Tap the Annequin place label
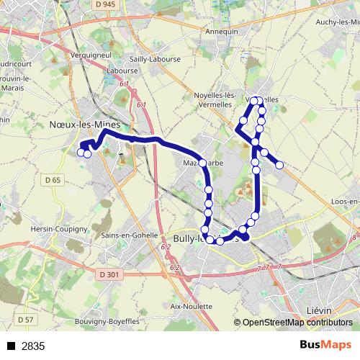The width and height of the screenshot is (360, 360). click(x=222, y=32)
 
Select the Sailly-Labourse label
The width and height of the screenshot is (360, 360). click(x=150, y=59)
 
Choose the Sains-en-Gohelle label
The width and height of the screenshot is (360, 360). click(x=131, y=235)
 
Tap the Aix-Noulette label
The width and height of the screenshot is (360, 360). click(x=191, y=306)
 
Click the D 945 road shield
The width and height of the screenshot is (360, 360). click(x=104, y=4)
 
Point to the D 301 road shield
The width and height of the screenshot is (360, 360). click(x=109, y=274)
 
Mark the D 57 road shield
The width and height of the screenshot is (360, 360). click(x=25, y=319)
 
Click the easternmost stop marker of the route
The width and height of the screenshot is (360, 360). click(x=280, y=166)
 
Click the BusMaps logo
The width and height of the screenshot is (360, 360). click(x=325, y=346)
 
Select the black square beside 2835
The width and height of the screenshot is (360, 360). click(x=10, y=346)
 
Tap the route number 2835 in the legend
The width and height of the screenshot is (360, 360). click(x=33, y=346)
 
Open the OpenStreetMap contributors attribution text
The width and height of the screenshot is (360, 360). click(x=297, y=323)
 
